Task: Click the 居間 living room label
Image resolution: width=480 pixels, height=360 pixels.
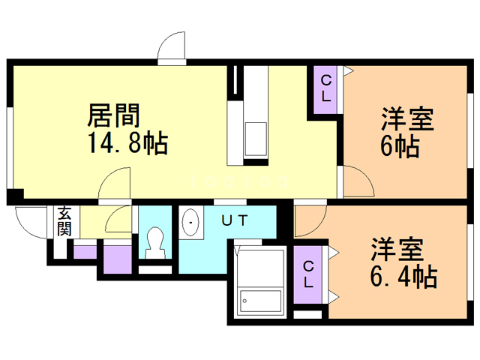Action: [x=115, y=116]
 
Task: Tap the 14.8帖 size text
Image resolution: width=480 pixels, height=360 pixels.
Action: [x=127, y=142]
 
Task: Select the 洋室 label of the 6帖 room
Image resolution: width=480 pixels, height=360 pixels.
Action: [x=408, y=120]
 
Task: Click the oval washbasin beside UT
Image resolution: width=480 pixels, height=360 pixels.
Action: [x=191, y=222]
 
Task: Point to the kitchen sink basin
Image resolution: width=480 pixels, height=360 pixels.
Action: [x=255, y=138]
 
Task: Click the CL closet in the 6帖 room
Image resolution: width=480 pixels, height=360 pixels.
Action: [x=328, y=90]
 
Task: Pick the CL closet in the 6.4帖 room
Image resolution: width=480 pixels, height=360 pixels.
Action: [x=309, y=274]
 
